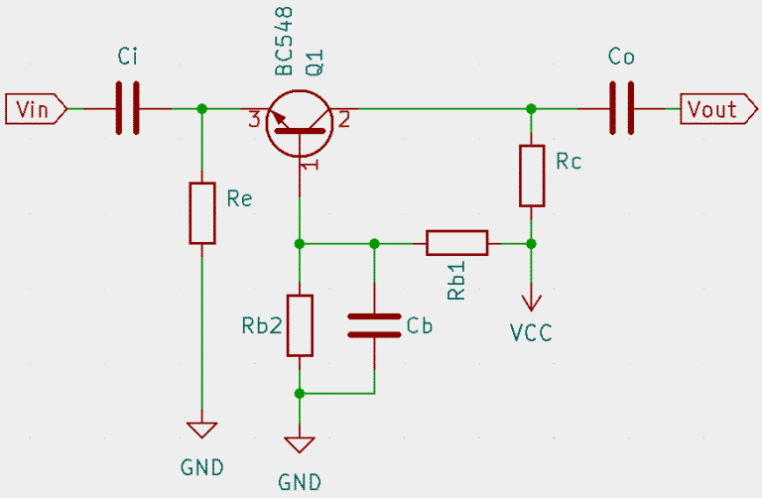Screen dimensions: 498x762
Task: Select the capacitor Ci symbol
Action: pyautogui.click(x=129, y=107)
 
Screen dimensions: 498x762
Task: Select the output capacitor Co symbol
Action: pyautogui.click(x=622, y=107)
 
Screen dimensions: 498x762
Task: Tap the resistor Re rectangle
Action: pyautogui.click(x=202, y=212)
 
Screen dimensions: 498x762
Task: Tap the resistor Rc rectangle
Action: pyautogui.click(x=532, y=176)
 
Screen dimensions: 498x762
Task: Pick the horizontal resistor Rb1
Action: pyautogui.click(x=457, y=242)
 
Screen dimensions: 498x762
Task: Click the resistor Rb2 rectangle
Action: pyautogui.click(x=300, y=324)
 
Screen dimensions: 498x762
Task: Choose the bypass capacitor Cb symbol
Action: pyautogui.click(x=374, y=325)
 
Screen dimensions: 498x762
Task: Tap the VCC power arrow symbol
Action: pyautogui.click(x=532, y=298)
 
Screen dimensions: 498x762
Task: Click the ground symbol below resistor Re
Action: pyautogui.click(x=202, y=431)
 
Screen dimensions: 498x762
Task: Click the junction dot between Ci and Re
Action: pyautogui.click(x=202, y=107)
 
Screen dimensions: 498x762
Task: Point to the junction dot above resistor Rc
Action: pyautogui.click(x=532, y=107)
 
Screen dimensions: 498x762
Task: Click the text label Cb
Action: pyautogui.click(x=420, y=325)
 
